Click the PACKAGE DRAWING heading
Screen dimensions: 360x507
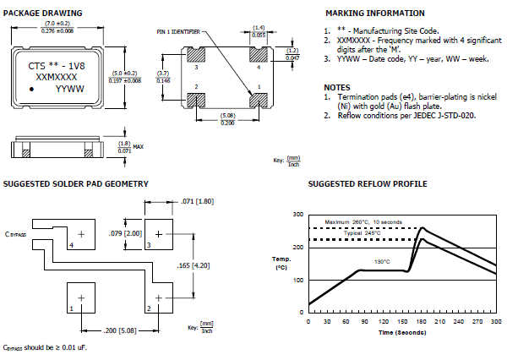point(43,14)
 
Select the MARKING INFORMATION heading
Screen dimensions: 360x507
point(374,14)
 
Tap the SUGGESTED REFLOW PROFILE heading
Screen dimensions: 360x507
point(368,183)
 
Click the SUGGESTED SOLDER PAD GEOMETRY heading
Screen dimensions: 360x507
point(76,183)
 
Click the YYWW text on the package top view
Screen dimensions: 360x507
point(70,87)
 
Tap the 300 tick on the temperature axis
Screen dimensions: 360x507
point(298,215)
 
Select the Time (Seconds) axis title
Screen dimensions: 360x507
point(403,335)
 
